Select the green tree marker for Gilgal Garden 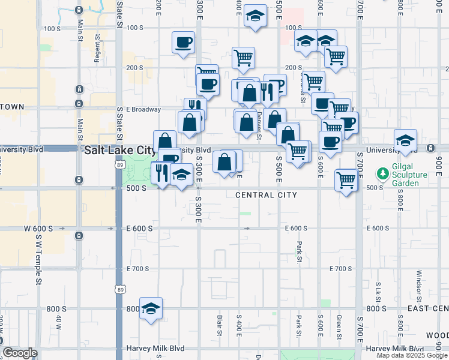pos(382,174)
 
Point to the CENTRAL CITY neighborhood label pos(267,195)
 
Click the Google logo pos(20,353)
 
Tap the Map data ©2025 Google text pos(412,355)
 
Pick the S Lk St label pos(379,293)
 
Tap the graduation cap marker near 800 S pos(151,307)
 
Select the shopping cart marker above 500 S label pos(346,179)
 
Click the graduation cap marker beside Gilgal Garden pos(406,140)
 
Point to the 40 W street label pos(58,322)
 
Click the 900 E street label pos(439,163)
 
